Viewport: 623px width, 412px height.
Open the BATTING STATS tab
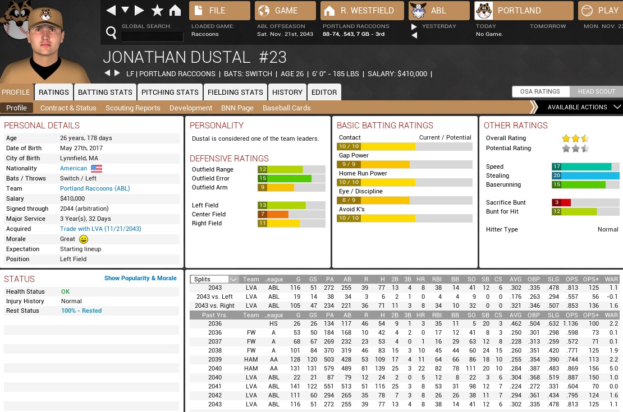105,92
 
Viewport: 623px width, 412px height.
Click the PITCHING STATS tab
170,92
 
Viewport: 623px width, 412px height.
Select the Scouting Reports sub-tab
132,108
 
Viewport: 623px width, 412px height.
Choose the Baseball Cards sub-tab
286,108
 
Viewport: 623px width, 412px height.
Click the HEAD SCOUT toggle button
597,91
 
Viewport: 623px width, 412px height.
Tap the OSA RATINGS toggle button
540,91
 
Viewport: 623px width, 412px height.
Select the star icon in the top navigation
158,10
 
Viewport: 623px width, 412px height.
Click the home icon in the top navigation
175,10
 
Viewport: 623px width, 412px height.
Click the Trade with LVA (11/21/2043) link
100,229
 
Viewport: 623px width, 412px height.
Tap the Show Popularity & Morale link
140,278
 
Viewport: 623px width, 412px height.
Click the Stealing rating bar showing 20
585,175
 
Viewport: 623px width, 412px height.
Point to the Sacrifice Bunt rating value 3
556,202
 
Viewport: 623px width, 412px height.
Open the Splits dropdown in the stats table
214,279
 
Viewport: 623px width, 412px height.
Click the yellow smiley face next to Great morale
84,239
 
